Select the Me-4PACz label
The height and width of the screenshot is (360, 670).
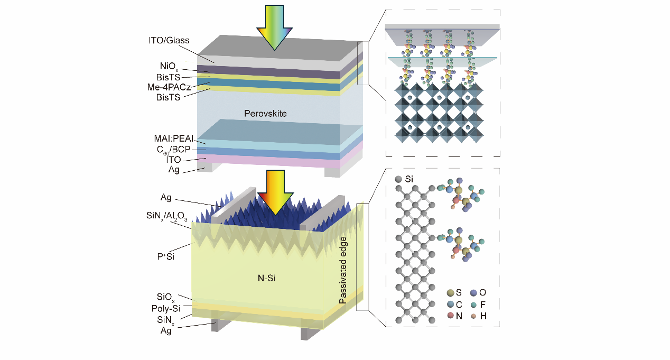169,87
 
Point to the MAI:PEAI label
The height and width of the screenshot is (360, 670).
170,139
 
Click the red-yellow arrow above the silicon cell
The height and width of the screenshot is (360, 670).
274,192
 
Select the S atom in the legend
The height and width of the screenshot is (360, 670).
450,292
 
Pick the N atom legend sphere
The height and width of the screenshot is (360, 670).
450,316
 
